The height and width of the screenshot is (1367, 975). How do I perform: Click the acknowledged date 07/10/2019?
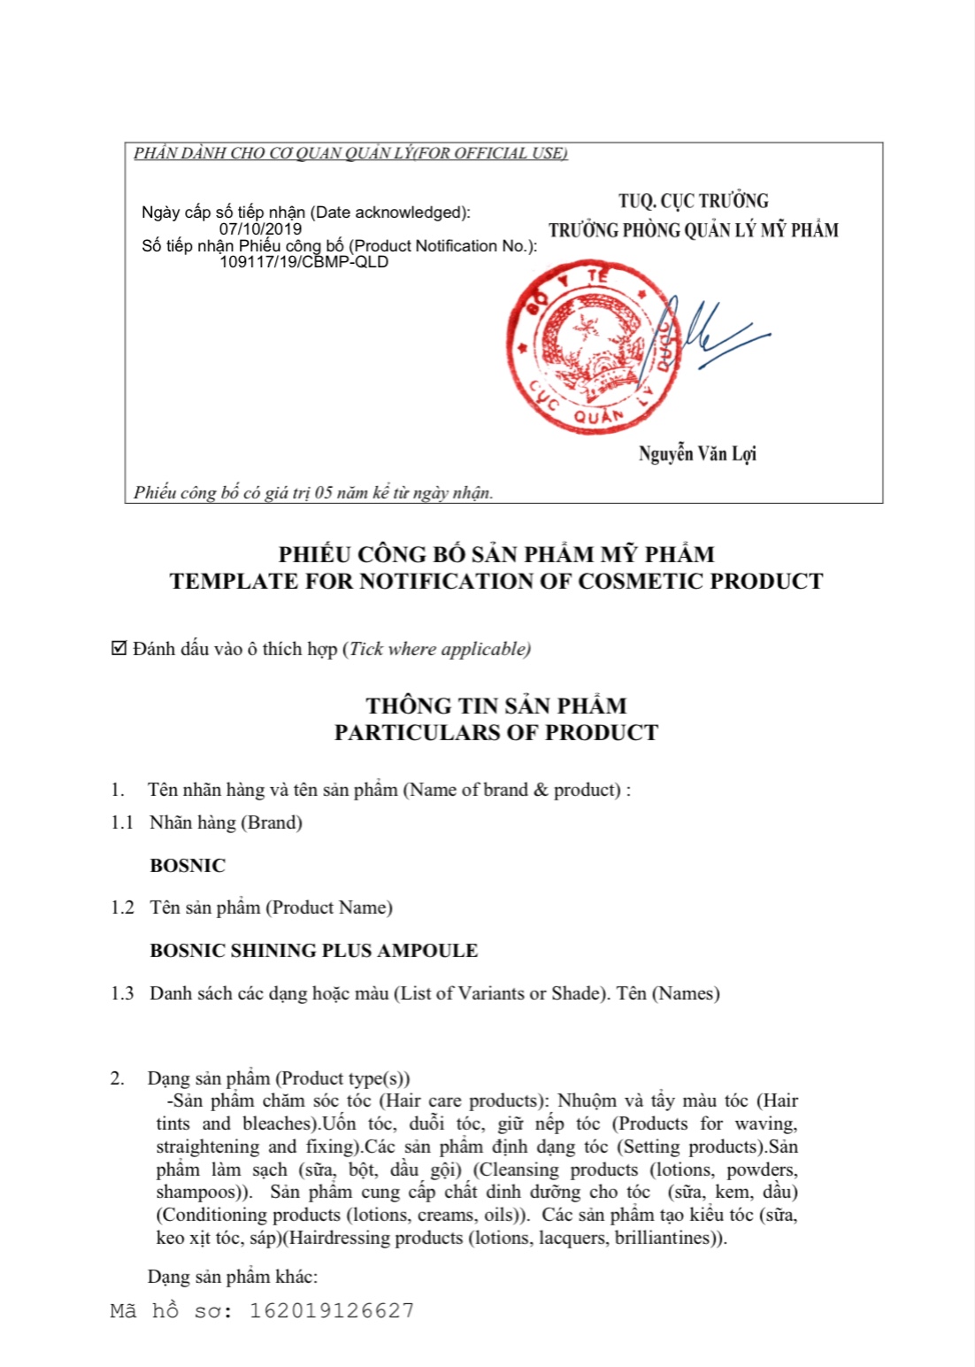[x=260, y=228]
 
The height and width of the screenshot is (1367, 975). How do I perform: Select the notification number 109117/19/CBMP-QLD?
[x=303, y=262]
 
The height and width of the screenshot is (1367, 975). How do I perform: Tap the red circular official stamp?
[x=594, y=348]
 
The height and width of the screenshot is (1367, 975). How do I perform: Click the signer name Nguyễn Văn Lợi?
[x=697, y=454]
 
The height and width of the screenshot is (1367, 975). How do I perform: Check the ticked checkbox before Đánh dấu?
[x=119, y=649]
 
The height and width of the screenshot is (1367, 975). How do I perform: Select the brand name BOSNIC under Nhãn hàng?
[x=188, y=866]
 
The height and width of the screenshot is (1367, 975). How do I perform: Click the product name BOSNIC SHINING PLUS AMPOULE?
[x=313, y=951]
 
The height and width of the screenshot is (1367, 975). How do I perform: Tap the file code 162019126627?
[x=332, y=1310]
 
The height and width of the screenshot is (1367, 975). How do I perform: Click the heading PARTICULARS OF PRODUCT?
[x=495, y=733]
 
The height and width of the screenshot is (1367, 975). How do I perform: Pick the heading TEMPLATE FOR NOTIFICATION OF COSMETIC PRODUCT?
[x=495, y=582]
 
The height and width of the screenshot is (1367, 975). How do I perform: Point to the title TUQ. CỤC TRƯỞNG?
[x=693, y=201]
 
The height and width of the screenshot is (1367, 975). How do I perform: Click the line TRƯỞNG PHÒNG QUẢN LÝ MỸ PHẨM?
[x=693, y=230]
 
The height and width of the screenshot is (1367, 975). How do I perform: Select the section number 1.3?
[x=122, y=993]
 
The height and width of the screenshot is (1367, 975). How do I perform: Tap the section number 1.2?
[x=122, y=907]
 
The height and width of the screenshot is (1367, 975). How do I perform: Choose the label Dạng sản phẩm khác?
[x=232, y=1277]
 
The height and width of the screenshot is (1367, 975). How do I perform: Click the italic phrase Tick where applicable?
[x=439, y=649]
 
